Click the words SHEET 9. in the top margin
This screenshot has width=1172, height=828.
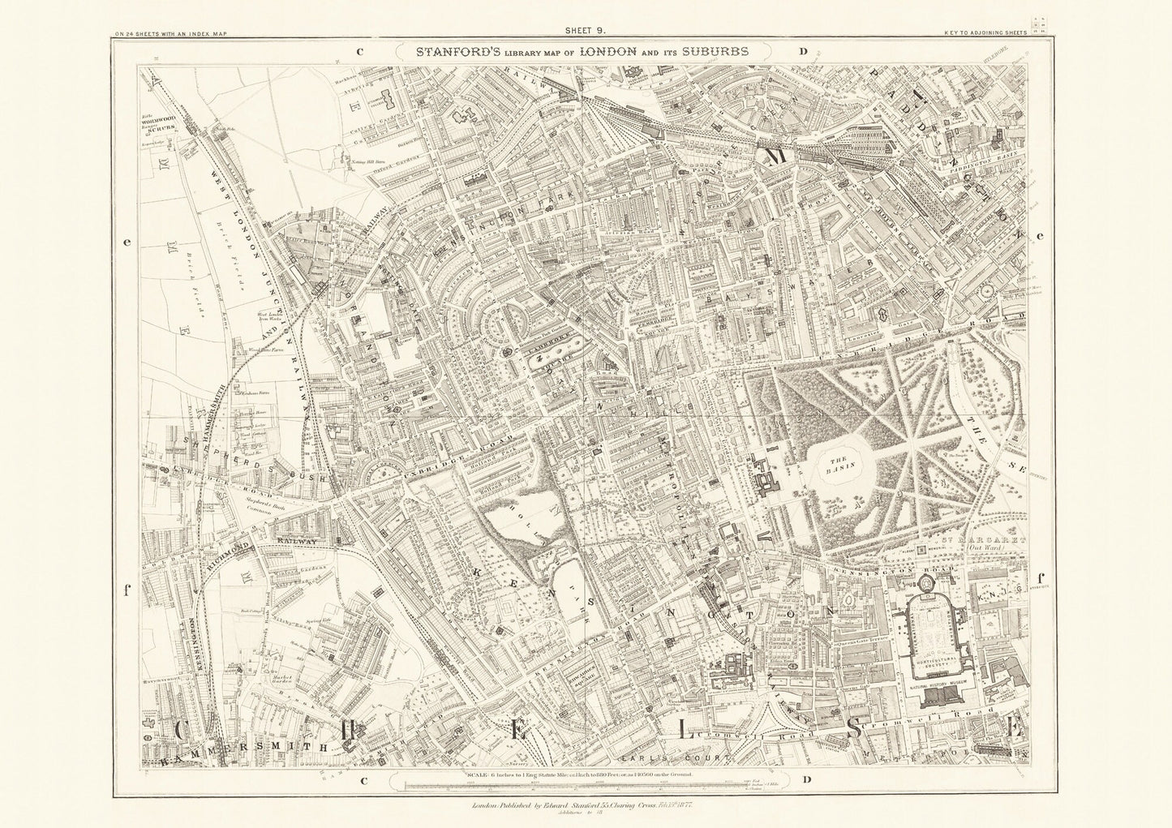click(x=586, y=32)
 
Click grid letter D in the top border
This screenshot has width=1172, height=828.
click(x=803, y=51)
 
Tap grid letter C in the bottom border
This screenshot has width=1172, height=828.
click(x=364, y=780)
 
